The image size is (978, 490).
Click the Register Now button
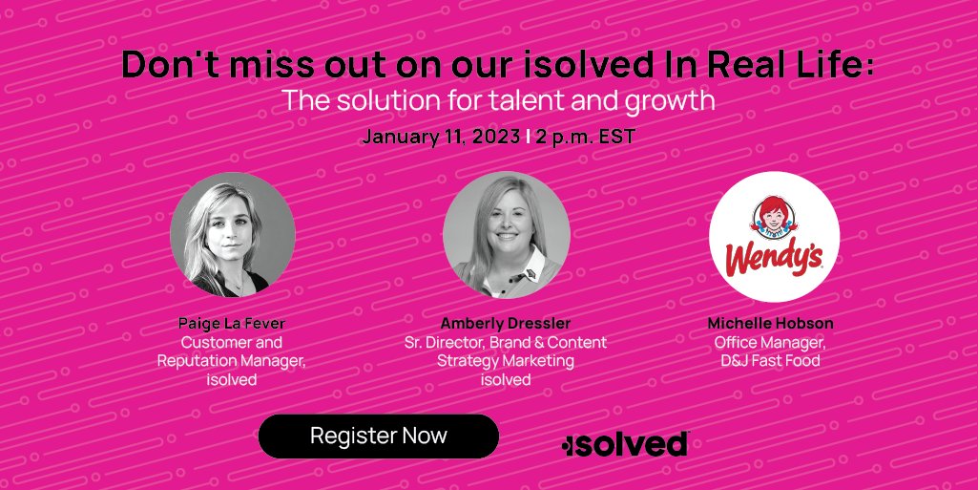(378, 437)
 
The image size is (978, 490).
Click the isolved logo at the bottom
(626, 444)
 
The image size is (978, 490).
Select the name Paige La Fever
(232, 323)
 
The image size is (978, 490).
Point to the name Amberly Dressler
(507, 323)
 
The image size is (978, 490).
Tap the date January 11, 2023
(440, 136)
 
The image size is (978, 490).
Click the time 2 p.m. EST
(585, 136)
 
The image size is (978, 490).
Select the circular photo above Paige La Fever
(233, 235)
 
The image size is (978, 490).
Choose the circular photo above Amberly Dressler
(507, 235)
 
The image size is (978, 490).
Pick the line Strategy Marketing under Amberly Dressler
(506, 360)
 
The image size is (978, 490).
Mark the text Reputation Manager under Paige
(233, 360)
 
